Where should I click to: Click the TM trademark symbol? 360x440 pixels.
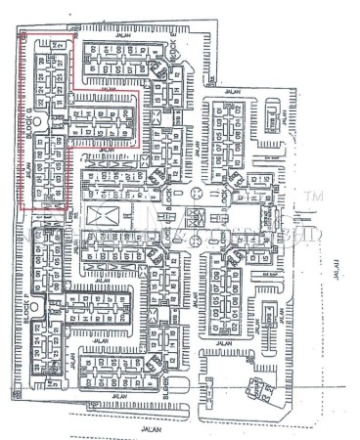click(315, 198)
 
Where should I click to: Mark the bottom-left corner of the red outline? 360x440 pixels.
click(22, 207)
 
